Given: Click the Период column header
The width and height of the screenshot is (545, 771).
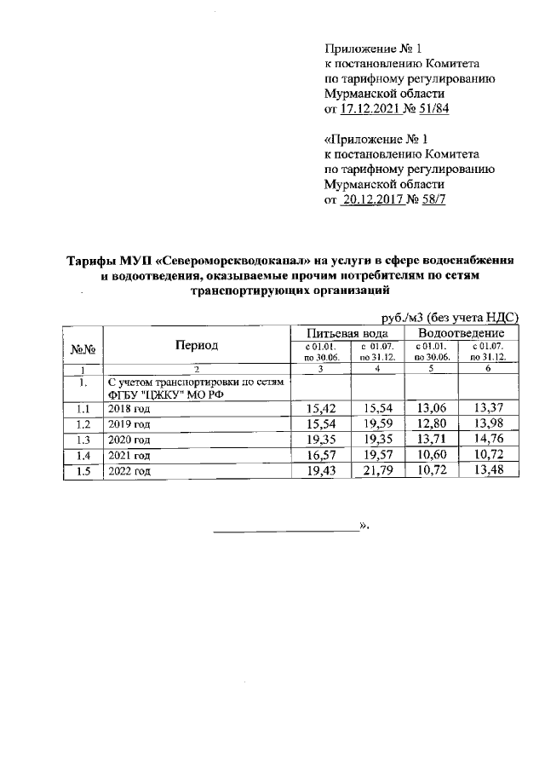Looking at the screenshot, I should click(x=197, y=345).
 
